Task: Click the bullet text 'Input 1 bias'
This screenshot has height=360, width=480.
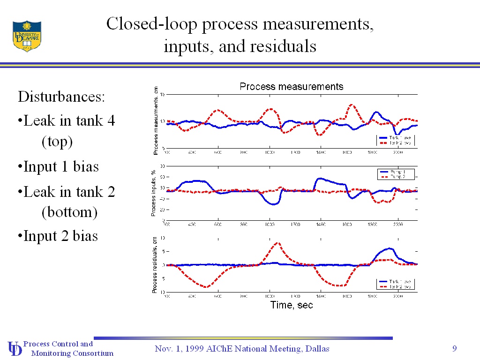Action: coord(60,166)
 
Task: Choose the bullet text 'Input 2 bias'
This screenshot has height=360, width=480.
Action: coord(60,235)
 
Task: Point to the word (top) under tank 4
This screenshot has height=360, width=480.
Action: coord(57,142)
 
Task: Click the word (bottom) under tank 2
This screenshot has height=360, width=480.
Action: coord(69,212)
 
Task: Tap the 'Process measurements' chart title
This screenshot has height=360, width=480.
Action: coord(292,87)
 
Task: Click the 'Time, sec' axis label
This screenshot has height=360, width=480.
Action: coord(292,305)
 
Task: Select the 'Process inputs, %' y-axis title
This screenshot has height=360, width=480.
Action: coord(153,194)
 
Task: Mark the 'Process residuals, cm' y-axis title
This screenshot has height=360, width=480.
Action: coord(154,265)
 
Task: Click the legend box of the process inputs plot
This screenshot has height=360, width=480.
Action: coord(397,174)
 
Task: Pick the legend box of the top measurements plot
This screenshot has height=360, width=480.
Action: coord(396,140)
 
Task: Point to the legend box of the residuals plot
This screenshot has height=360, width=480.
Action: coord(396,284)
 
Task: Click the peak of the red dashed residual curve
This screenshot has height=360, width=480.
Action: coord(277,243)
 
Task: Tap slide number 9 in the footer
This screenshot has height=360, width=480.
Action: coord(454,348)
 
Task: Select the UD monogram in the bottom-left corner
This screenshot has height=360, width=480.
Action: coord(15,348)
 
